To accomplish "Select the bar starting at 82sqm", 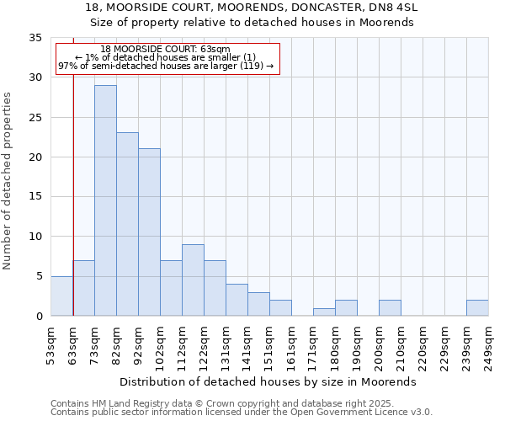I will click(127, 224).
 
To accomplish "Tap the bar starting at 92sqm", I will click(149, 232).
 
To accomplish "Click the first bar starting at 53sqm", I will click(61, 296).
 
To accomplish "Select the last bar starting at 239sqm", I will click(477, 307).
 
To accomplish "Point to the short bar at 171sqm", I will click(324, 312).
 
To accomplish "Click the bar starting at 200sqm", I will click(390, 307).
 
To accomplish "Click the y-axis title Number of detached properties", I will click(8, 182).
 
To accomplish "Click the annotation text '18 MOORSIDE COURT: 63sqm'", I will click(165, 50).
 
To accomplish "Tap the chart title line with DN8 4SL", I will click(251, 7).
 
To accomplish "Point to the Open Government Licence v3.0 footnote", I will click(242, 413).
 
